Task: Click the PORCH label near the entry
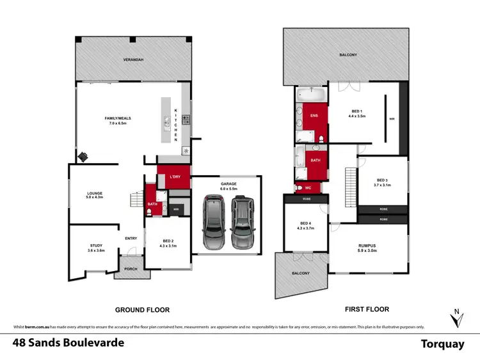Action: tap(131, 269)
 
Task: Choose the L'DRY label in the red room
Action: tap(174, 176)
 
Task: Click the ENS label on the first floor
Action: tap(314, 116)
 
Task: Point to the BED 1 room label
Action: tap(356, 114)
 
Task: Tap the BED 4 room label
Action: tap(305, 226)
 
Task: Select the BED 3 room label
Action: tap(381, 183)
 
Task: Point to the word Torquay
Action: tap(442, 344)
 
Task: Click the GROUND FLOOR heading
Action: tap(142, 309)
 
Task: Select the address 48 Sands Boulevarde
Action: tap(68, 343)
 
